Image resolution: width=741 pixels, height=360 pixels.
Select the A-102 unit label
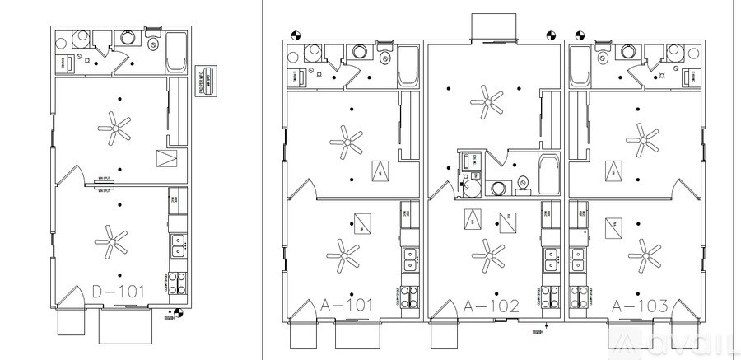(492, 306)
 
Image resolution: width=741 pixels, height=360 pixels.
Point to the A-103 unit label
(640, 306)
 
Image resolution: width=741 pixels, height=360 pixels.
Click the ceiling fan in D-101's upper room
(114, 126)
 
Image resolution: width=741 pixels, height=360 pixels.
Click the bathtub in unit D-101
(177, 53)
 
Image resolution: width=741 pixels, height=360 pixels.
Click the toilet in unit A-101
(385, 53)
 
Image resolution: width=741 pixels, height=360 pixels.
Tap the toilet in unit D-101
(154, 41)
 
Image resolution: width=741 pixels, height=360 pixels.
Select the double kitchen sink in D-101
(178, 244)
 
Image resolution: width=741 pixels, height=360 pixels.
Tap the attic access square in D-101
(165, 159)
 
